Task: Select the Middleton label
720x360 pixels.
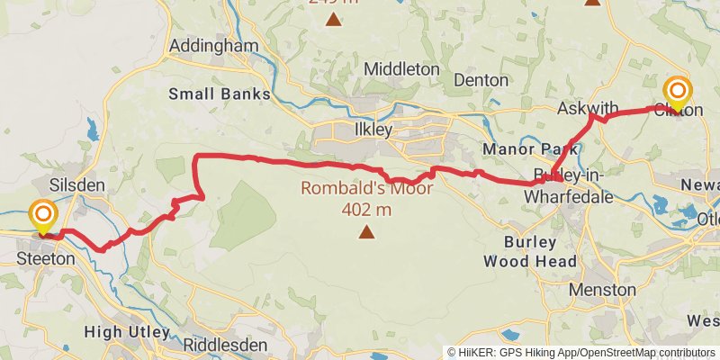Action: tap(401, 69)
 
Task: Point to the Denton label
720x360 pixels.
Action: tap(481, 80)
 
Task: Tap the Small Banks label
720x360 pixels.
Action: tap(220, 94)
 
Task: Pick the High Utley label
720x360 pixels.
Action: tap(127, 332)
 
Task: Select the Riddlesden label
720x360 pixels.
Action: tap(224, 345)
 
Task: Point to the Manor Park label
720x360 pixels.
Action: tap(522, 148)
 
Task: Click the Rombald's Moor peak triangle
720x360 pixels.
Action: tap(366, 233)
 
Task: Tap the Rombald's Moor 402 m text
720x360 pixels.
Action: tap(366, 199)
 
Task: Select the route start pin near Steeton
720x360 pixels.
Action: tap(43, 217)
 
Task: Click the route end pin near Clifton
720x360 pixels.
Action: tap(677, 94)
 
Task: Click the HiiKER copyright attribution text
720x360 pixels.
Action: tap(581, 352)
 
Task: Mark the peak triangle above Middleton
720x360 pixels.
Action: tap(334, 19)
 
